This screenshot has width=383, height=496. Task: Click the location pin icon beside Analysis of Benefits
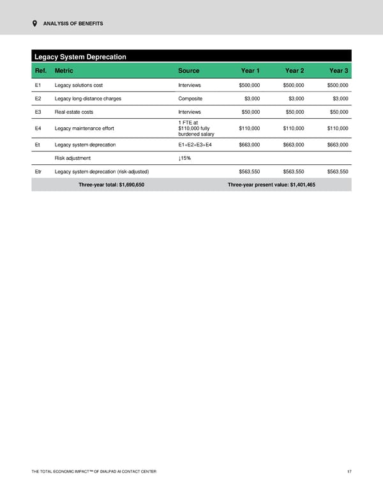coord(34,24)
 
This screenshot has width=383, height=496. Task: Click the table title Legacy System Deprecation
coord(80,57)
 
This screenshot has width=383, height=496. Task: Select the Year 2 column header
coord(294,70)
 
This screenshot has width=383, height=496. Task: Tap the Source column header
coord(189,70)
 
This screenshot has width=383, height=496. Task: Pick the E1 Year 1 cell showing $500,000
coord(244,85)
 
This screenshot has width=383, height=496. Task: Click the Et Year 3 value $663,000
coord(334,145)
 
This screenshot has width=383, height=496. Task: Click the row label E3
coord(38,112)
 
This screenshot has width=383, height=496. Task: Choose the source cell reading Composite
coord(190,98)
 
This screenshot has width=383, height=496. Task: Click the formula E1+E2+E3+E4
coord(195,145)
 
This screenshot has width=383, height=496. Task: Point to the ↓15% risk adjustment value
coord(184,158)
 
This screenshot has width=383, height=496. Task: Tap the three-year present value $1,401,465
coord(271,185)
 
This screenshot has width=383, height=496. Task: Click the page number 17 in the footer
coord(349,472)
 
